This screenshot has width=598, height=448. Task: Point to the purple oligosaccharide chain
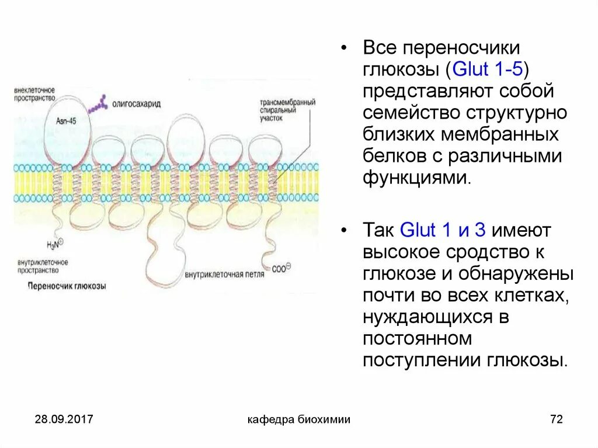tap(97, 105)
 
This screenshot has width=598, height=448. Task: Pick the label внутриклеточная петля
tap(224, 273)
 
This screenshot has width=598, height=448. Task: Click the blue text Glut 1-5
tap(488, 70)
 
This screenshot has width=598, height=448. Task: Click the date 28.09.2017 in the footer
tap(64, 419)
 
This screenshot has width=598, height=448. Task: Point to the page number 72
tap(556, 419)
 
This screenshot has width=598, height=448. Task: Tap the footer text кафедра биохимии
tap(299, 419)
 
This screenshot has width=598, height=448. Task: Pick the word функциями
tap(416, 178)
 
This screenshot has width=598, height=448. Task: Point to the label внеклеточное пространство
tap(35, 95)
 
